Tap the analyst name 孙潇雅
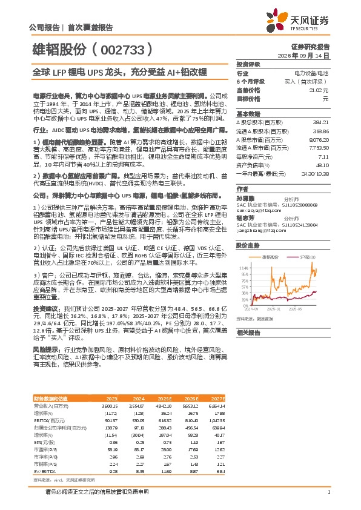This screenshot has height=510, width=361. (x=243, y=198)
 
